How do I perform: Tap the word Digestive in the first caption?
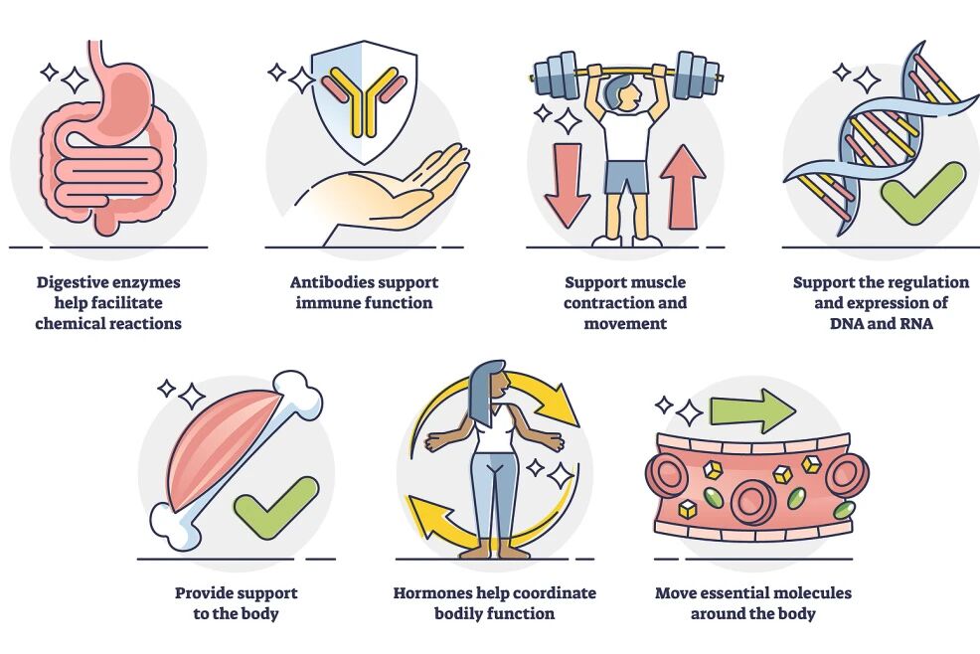pyautogui.click(x=76, y=283)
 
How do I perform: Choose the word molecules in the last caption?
pyautogui.click(x=809, y=593)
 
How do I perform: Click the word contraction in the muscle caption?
pyautogui.click(x=606, y=303)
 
